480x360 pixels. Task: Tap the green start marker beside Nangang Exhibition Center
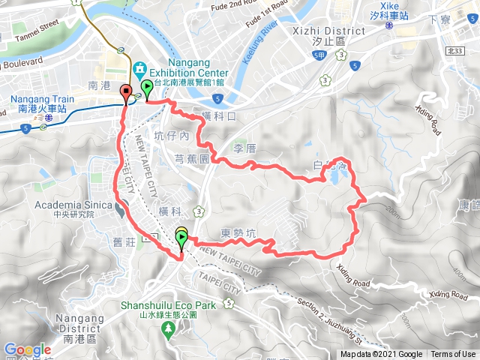pos(146,89)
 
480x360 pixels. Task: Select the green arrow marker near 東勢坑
pos(182,239)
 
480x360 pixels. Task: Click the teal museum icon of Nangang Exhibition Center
pos(139,70)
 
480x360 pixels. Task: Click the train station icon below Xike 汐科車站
pos(389,25)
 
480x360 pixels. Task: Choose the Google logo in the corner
pos(27,349)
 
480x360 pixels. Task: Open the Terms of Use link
pos(452,355)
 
